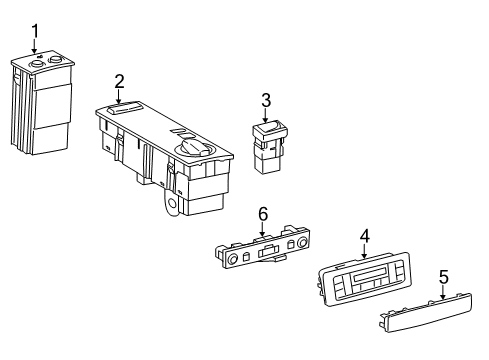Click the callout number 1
[35, 31]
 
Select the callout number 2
[119, 81]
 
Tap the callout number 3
[266, 100]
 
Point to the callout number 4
[364, 236]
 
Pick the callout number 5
[444, 277]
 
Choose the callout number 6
[263, 214]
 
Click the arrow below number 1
[35, 47]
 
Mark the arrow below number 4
[364, 252]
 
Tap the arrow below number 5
[443, 292]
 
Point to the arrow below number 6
[263, 229]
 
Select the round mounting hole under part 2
[173, 203]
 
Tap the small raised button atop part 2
[125, 107]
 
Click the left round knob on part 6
[233, 258]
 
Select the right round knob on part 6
[302, 243]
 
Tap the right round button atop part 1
[54, 59]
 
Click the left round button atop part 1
[35, 64]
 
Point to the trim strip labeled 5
[426, 312]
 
